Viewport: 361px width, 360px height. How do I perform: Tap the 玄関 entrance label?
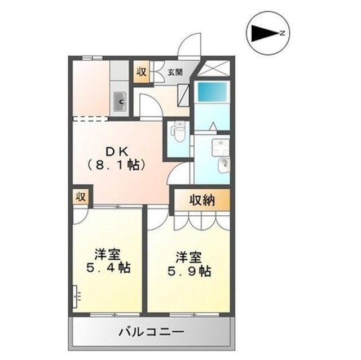pos(175,72)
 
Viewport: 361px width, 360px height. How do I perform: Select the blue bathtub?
pos(213,91)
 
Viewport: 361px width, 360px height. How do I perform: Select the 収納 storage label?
pos(201,199)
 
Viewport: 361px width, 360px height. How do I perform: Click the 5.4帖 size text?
pos(109,268)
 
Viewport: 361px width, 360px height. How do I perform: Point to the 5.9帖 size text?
pos(189,272)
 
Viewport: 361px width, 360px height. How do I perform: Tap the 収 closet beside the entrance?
pos(140,72)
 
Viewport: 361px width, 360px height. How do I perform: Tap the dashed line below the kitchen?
pos(90,118)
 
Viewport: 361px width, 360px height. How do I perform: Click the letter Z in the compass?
pos(283,34)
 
